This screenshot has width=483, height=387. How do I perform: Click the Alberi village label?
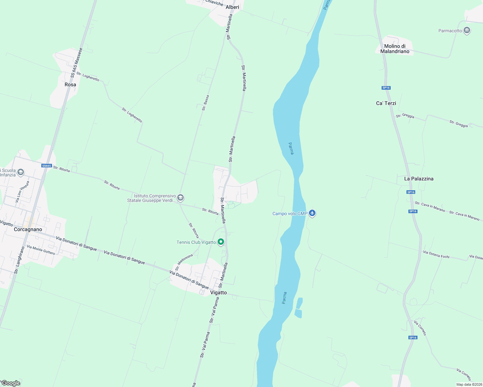coord(232,7)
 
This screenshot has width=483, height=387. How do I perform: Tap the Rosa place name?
coord(70,84)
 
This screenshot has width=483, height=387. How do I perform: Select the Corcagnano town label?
coord(28,229)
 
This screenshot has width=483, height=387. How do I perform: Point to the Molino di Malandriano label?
coord(395,49)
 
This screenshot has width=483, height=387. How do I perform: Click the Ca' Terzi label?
coord(386,103)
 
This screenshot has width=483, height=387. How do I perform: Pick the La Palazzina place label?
coord(419,179)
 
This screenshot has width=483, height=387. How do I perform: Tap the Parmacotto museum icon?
coord(467,31)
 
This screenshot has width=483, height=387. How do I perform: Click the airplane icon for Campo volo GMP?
coord(312,213)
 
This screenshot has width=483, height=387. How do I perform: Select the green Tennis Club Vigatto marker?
coord(221,242)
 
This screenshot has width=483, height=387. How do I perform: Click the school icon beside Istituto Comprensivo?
coord(180,197)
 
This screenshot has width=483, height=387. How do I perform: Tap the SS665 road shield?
coord(46,166)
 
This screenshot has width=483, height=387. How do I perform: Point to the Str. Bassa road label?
coord(205,103)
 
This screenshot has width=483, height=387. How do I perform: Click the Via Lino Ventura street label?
coord(22,192)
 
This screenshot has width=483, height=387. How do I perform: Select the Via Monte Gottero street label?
coord(41,249)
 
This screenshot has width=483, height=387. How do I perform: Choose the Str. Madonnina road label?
coord(184,262)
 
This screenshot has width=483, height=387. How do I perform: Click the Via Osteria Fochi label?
coord(436,254)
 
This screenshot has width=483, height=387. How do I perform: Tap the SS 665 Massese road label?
coord(77,63)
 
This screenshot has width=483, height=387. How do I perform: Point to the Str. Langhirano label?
coord(19,260)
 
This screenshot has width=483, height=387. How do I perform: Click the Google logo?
coord(11,383)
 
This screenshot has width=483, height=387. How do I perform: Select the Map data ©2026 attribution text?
coord(469,384)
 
